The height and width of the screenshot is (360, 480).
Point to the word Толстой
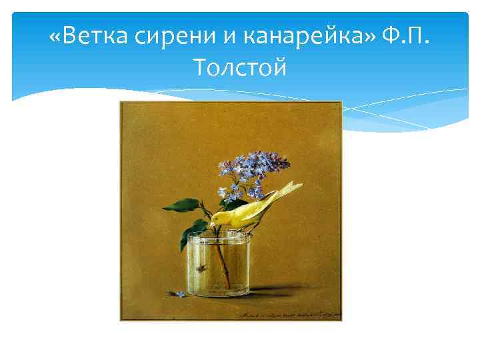click(239, 67)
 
